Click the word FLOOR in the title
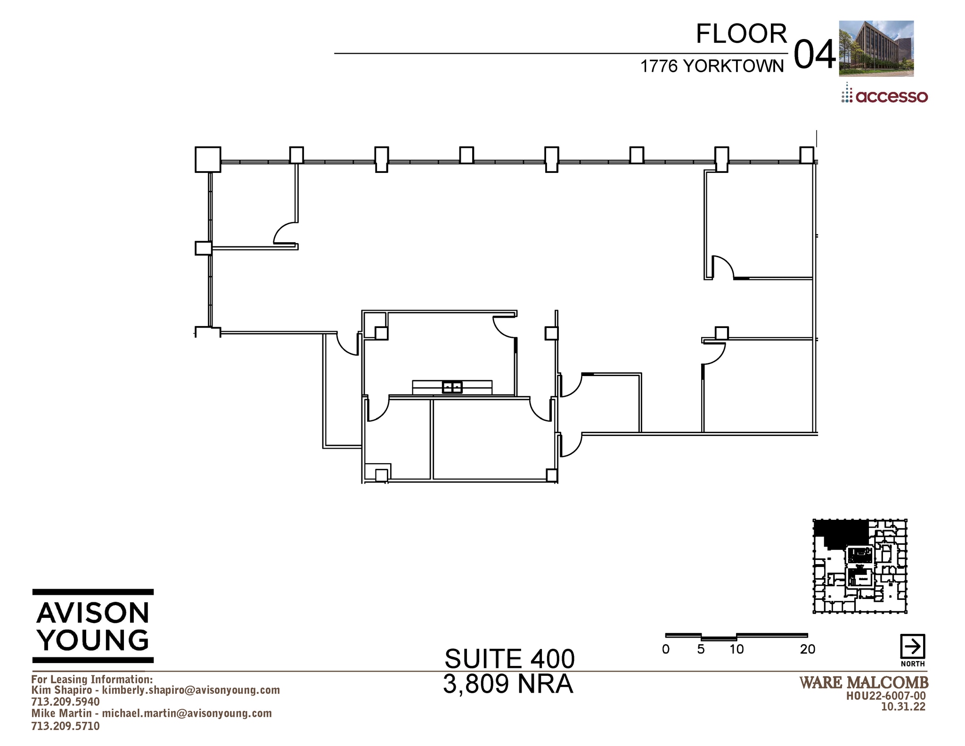741,34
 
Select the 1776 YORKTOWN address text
711,66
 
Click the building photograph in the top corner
876,48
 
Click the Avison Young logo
93,626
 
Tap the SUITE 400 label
509,659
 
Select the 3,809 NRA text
508,684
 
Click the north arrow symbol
912,647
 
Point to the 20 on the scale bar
807,649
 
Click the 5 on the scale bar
701,649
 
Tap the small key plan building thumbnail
859,566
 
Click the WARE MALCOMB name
864,682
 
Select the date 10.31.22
903,707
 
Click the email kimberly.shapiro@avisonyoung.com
191,690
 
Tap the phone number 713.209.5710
65,726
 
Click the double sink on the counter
452,387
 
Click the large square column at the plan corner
208,159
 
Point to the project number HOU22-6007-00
886,696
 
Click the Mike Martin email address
187,713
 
